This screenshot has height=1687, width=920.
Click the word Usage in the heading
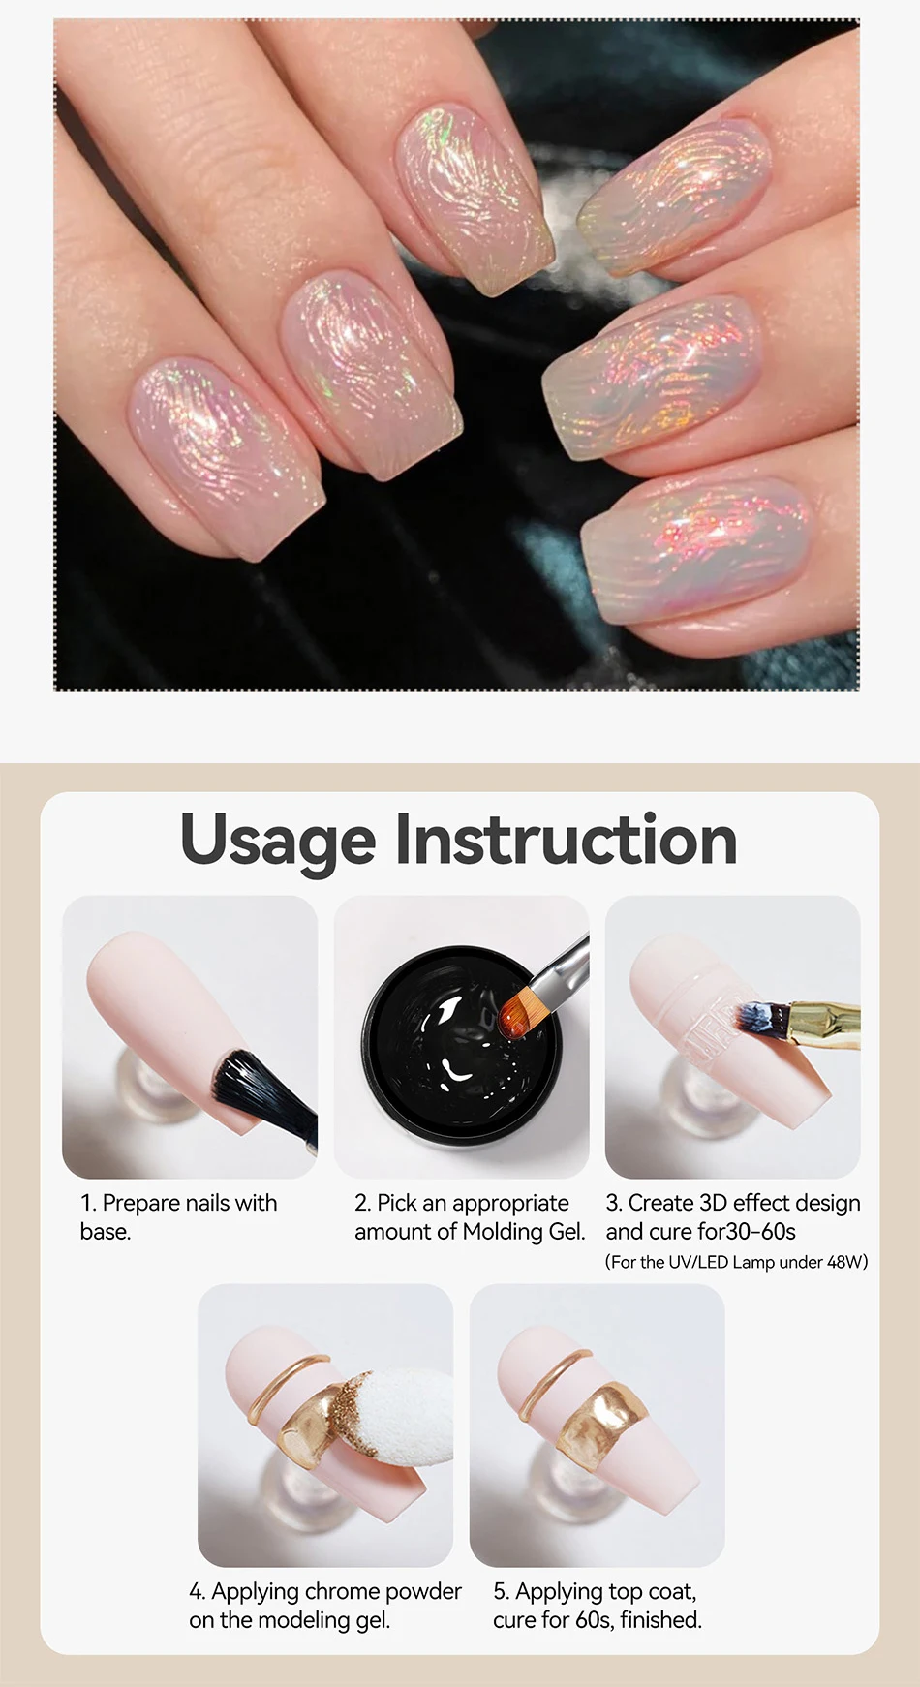[278, 841]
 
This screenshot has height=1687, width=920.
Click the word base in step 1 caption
[105, 1232]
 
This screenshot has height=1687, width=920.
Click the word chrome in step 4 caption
[343, 1591]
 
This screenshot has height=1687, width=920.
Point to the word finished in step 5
[660, 1619]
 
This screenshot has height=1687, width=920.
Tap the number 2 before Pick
[362, 1204]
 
